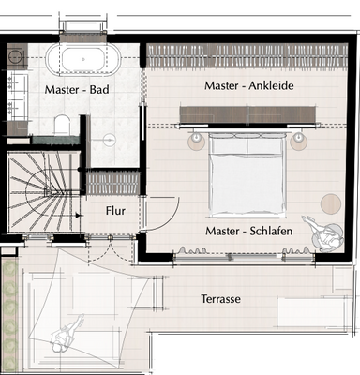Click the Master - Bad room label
77,90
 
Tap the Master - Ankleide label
249,85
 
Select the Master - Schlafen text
249,231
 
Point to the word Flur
115,211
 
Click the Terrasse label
220,299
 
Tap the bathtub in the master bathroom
83,60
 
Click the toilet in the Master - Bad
61,124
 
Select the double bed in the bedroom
247,174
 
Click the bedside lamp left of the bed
197,141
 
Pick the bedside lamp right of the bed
298,141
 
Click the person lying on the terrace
66,334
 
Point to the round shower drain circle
110,140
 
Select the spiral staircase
44,191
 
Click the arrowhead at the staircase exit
78,216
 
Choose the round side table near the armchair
331,203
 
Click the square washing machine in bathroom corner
17,56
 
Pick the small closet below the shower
112,183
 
